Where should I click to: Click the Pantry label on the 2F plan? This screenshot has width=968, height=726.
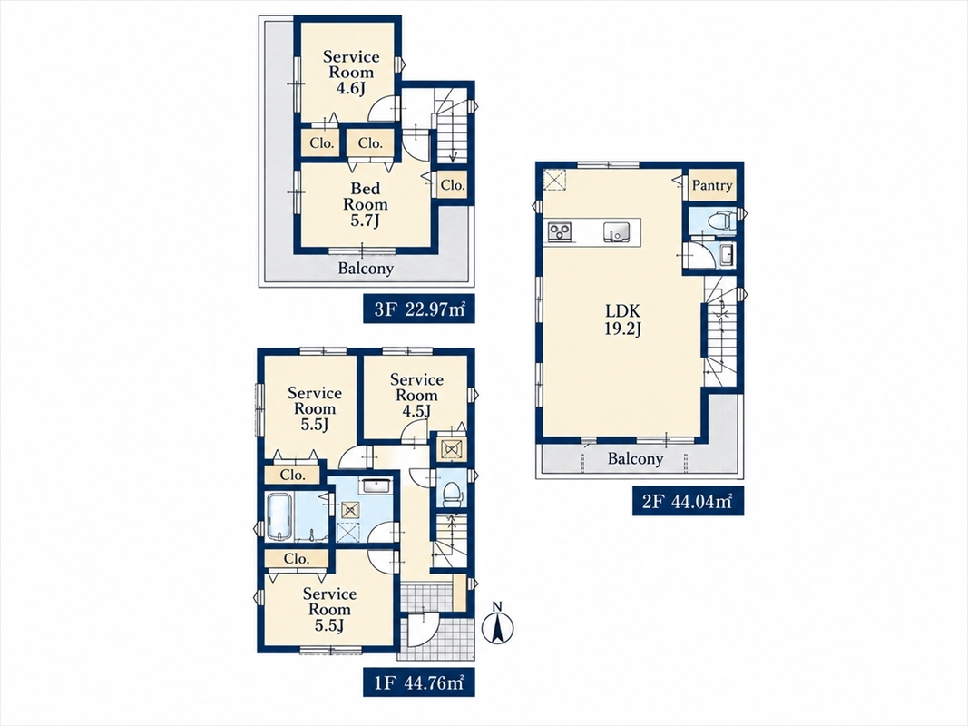(712, 185)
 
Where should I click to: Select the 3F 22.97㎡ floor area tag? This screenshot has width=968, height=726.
(419, 309)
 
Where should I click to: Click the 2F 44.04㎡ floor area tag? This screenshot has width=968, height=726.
(688, 502)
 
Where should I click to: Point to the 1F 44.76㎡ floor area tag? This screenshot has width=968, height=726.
(419, 683)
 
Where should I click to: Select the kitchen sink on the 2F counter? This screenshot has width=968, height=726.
(617, 231)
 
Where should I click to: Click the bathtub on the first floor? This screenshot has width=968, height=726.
(281, 517)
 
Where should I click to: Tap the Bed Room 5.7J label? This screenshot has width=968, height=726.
(366, 204)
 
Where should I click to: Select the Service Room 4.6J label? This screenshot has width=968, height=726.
(351, 73)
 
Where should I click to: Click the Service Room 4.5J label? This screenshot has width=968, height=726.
(416, 395)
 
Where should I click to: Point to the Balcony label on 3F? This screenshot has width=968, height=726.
(366, 269)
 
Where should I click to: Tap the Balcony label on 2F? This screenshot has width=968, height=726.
(635, 458)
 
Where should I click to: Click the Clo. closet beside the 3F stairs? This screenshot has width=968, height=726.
(453, 185)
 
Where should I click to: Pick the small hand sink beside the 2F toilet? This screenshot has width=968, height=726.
(727, 255)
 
